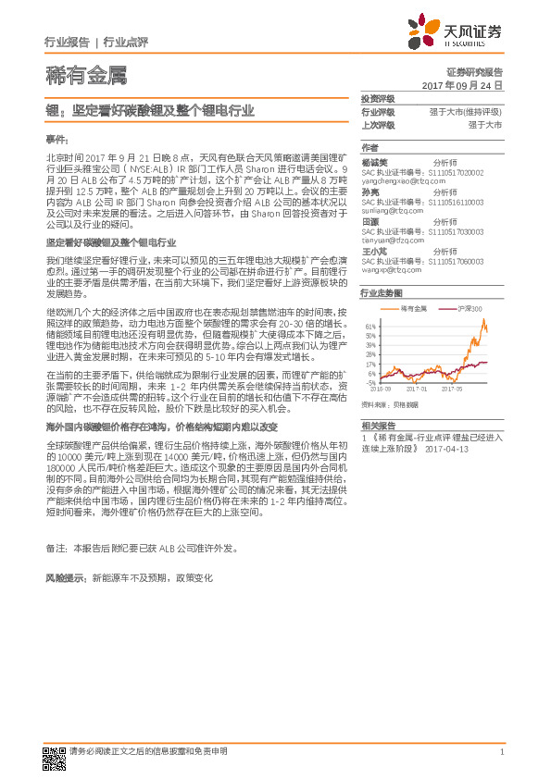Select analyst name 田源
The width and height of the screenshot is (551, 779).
pyautogui.click(x=370, y=222)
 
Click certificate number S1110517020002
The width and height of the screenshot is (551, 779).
pyautogui.click(x=464, y=173)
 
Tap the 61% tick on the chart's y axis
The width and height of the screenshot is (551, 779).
pyautogui.click(x=370, y=327)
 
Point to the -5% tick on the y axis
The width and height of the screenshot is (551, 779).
pyautogui.click(x=370, y=382)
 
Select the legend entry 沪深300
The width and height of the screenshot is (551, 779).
pyautogui.click(x=471, y=307)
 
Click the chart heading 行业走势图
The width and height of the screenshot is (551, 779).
pyautogui.click(x=380, y=291)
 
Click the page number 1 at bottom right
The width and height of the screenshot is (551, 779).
pyautogui.click(x=501, y=751)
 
